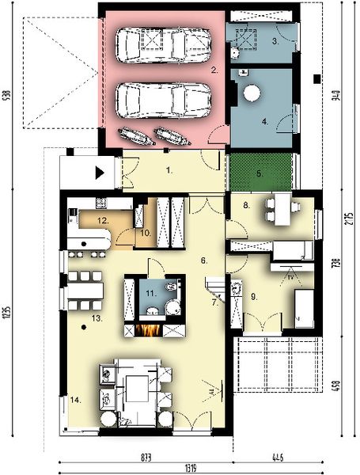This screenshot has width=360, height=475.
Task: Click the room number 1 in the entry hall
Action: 169,169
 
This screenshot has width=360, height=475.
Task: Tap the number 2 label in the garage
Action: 213,70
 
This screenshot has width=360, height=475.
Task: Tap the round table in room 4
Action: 252,93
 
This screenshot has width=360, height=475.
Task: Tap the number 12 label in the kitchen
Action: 102,220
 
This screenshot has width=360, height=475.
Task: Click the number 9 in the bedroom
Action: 256,296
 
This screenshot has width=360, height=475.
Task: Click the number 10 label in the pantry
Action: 145,233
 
